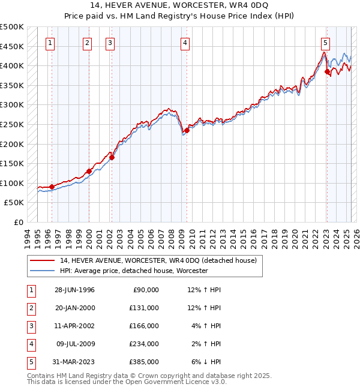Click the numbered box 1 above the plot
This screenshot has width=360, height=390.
click(x=50, y=43)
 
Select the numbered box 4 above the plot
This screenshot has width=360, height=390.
click(x=185, y=43)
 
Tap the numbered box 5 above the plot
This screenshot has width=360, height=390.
click(x=325, y=43)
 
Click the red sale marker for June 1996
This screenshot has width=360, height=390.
click(x=52, y=187)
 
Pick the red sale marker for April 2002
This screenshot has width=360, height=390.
click(x=112, y=158)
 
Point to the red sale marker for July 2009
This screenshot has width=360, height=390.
click(x=187, y=130)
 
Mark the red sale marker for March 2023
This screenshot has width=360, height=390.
click(x=327, y=71)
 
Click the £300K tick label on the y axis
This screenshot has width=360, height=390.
click(x=13, y=104)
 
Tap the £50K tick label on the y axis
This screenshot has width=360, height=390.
click(x=15, y=203)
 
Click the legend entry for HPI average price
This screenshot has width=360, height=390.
click(x=133, y=271)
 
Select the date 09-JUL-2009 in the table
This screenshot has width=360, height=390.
click(x=76, y=344)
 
